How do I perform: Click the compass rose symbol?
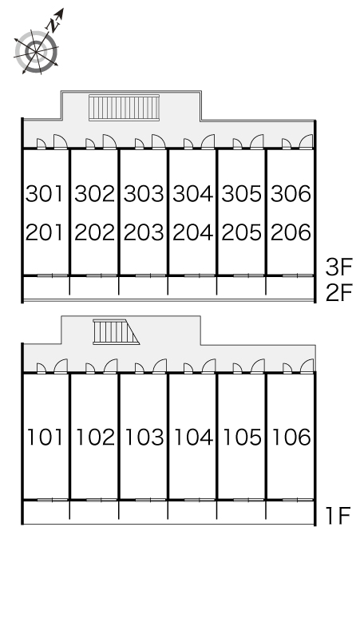point(36,51)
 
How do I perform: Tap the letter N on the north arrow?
point(53,26)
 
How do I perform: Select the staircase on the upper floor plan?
point(124,107)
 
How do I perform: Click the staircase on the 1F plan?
point(116,332)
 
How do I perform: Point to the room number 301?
point(45,193)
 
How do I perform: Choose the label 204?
point(192,232)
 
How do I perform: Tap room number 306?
point(291,193)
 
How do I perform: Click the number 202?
point(94,232)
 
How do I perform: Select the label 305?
point(241,193)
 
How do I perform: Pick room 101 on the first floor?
point(45,437)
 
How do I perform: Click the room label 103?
point(144,437)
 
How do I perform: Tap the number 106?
point(291,437)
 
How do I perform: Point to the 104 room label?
point(193,437)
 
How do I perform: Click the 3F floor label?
point(338,267)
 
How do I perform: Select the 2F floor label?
point(338,293)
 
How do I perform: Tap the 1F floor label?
point(338,516)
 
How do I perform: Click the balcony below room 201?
point(46,288)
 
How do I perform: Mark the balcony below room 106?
point(291,512)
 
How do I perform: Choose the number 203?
point(144,232)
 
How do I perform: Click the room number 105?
point(242,437)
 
